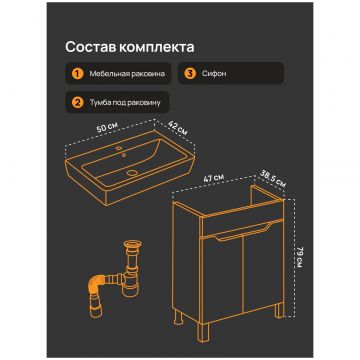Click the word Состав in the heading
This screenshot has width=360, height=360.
90,47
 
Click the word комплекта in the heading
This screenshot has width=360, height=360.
156,47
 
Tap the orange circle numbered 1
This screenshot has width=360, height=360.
77,73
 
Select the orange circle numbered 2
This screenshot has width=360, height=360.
77,102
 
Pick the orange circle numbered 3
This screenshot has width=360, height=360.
190,73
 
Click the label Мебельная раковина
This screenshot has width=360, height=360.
127,74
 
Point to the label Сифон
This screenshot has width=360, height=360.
214,73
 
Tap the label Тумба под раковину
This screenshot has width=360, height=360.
125,102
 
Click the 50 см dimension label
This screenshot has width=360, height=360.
107,128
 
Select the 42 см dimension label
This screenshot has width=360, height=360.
177,128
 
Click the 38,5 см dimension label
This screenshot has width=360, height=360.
273,180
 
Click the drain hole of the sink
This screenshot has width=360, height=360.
132,173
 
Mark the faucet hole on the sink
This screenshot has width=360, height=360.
120,148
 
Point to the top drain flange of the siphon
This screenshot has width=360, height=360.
133,244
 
